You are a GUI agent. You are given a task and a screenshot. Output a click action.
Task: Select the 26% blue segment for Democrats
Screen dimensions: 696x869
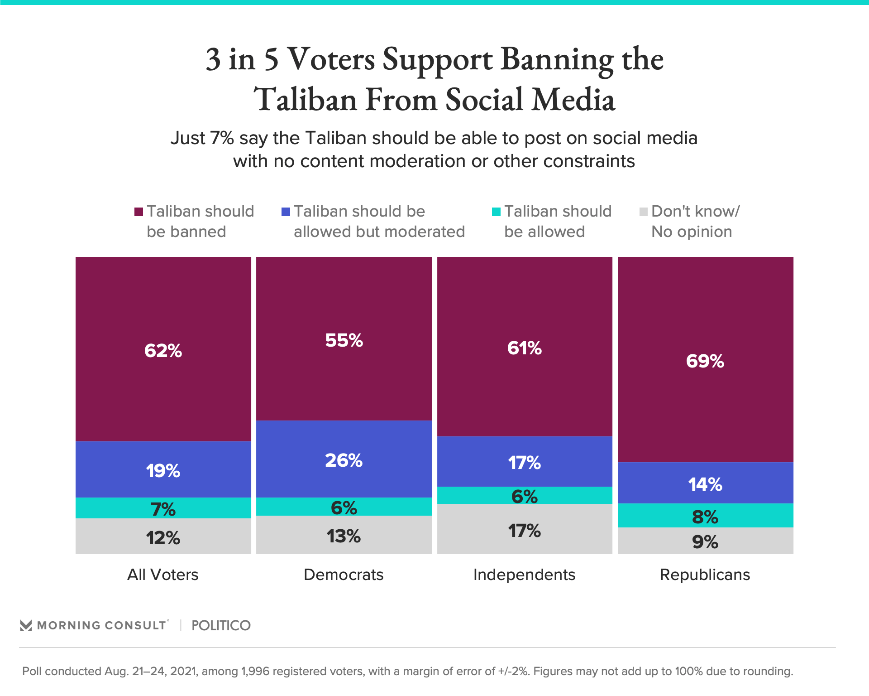coord(344,459)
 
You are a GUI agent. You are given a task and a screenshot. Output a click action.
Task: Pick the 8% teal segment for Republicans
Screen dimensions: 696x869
coord(705,516)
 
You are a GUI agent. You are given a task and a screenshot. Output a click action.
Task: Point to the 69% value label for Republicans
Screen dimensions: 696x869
coord(705,361)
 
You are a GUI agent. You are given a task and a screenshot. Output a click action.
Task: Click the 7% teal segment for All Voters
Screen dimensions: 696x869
coord(163,508)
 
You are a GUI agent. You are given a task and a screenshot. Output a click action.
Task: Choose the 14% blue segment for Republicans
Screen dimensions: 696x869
coord(705,483)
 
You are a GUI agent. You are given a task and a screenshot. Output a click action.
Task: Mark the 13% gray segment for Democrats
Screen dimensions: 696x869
coord(344,535)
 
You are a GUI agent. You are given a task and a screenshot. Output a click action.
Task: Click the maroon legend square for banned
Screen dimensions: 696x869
coord(139,212)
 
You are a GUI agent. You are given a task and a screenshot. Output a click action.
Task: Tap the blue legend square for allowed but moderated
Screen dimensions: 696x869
coord(286,212)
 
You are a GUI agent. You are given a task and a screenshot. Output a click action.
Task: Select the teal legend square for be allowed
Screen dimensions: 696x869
coord(496,212)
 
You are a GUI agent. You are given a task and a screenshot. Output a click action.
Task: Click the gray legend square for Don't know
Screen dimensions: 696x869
coord(643,212)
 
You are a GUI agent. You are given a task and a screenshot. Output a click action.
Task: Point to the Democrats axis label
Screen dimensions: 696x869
coord(344,575)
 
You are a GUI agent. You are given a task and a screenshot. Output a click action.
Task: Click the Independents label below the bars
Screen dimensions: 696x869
coord(524,575)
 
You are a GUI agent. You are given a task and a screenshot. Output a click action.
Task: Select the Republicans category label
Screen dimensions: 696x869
coord(705,575)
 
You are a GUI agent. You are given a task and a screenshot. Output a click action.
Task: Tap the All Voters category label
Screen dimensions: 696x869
coord(163,575)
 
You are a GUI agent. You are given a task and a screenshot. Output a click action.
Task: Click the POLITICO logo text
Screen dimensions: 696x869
coord(221,625)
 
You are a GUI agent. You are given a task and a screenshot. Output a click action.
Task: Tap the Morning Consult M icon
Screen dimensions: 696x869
coord(26,625)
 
